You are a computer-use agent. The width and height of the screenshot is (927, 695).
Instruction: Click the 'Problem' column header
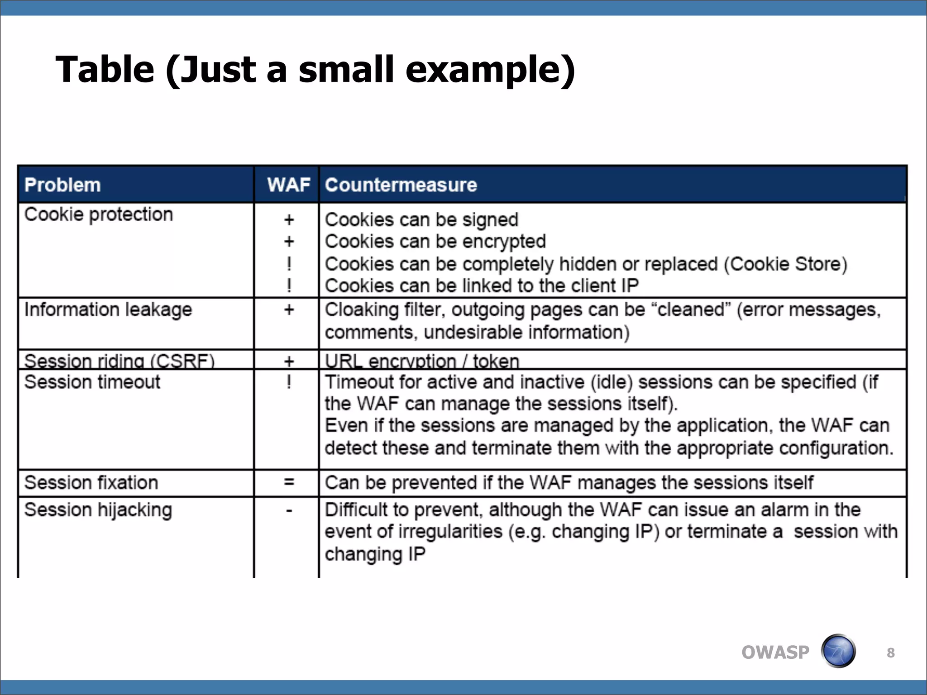point(62,185)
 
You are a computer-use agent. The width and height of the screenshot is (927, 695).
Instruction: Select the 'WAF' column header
point(288,185)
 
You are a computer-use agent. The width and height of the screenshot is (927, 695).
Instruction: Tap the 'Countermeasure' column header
point(401,185)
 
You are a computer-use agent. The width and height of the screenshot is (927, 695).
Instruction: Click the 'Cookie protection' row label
point(99,214)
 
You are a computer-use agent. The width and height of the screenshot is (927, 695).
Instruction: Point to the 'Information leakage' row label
point(108,310)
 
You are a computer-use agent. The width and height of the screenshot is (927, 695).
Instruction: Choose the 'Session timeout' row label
point(92,382)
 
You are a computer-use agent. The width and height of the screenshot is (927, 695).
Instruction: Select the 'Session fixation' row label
point(91,483)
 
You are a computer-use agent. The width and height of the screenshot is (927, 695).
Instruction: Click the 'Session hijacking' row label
point(98,510)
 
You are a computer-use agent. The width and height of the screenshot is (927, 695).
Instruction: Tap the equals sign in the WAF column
point(289,482)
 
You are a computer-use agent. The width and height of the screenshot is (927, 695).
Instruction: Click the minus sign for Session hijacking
point(289,511)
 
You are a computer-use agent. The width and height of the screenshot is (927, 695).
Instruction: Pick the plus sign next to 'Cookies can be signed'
point(289,220)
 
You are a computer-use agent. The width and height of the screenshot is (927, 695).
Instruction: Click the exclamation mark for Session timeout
point(289,382)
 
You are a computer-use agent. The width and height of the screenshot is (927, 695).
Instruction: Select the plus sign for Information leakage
point(289,310)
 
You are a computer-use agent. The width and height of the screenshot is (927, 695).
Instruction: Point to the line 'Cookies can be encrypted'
point(435,242)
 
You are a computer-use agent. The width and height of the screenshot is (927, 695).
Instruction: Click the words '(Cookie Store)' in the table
point(785,264)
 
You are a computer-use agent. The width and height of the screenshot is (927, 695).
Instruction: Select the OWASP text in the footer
point(775,652)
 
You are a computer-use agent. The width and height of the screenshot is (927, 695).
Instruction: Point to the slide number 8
point(890,652)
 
